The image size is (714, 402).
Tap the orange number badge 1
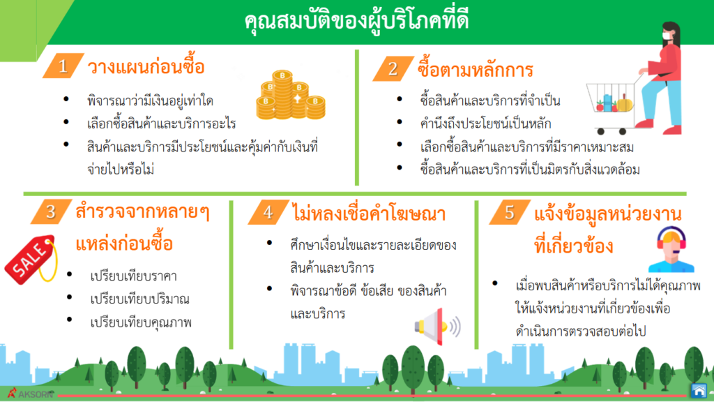pos(63,66)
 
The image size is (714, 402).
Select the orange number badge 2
pos(393,69)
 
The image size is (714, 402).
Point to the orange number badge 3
pos(51,211)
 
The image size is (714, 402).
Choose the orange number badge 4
pos(268,212)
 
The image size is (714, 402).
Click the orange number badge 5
pos(510,212)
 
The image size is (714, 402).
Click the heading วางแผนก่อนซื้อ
pos(146,68)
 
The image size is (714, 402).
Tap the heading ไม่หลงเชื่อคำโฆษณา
pos(369,214)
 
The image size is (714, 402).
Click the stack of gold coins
pos(291,95)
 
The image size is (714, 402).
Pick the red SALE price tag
pos(31,260)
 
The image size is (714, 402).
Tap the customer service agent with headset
pos(671,249)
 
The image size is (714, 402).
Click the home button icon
pos(699,391)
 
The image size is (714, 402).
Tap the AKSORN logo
pos(30,394)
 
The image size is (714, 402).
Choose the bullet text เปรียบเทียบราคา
pos(133,276)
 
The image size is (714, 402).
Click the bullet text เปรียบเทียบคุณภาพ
pos(141,322)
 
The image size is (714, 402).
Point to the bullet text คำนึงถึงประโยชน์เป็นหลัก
pos(485,124)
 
